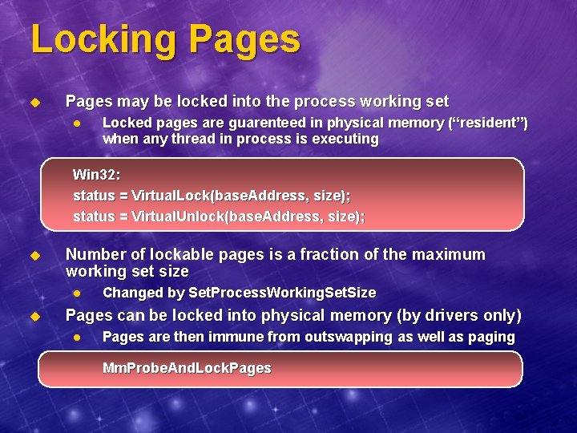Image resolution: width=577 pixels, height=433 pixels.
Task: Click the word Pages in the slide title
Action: click(240, 41)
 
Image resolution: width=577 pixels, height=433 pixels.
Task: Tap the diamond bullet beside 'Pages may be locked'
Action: click(34, 103)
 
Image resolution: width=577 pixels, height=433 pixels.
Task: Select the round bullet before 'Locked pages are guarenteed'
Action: click(77, 123)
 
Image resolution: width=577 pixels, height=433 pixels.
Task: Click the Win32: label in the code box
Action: click(96, 174)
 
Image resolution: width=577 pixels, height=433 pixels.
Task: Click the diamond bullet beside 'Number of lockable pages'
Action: click(34, 256)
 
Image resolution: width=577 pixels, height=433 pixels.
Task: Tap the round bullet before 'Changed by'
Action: click(77, 293)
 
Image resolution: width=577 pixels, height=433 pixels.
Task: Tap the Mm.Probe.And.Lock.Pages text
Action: click(187, 368)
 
